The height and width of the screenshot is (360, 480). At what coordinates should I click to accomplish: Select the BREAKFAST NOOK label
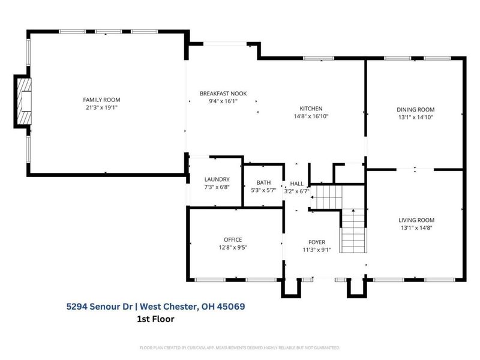pyautogui.click(x=223, y=94)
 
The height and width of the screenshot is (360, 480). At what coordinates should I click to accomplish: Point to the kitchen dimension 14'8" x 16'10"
pyautogui.click(x=311, y=116)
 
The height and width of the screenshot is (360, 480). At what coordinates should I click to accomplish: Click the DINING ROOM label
pyautogui.click(x=415, y=109)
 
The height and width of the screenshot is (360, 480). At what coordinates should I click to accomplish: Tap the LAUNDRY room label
pyautogui.click(x=217, y=179)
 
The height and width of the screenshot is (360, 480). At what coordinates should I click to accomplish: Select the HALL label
pyautogui.click(x=297, y=184)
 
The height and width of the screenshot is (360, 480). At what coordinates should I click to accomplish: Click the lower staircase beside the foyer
pyautogui.click(x=353, y=232)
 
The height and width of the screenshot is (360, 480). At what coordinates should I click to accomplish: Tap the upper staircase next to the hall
pyautogui.click(x=328, y=196)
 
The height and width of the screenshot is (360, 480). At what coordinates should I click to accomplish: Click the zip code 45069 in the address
pyautogui.click(x=230, y=306)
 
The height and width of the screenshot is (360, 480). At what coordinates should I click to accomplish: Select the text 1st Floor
pyautogui.click(x=156, y=319)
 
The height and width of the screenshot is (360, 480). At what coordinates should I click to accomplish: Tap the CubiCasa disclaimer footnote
pyautogui.click(x=240, y=347)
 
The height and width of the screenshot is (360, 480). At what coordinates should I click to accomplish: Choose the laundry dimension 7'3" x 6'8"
pyautogui.click(x=217, y=187)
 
